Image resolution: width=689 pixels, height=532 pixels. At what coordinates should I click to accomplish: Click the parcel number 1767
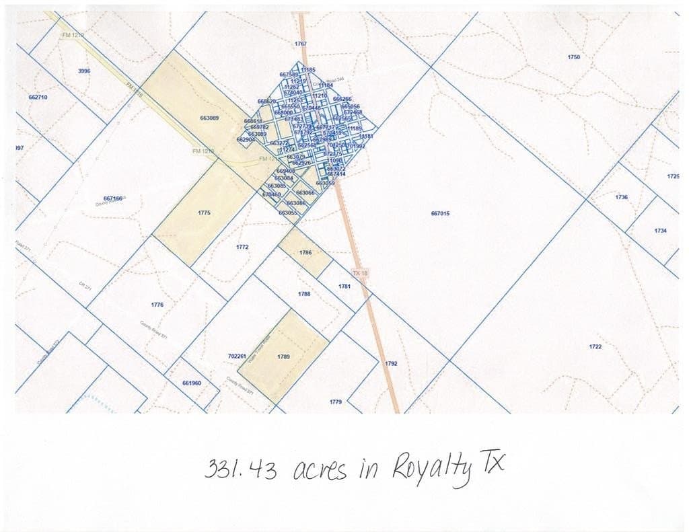point(301,44)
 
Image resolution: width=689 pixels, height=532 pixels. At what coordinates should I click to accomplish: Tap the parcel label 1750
point(573,58)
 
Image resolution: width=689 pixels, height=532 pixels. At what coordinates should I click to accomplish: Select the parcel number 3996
point(84,71)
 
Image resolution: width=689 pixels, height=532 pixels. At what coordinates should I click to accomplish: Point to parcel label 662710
point(38,98)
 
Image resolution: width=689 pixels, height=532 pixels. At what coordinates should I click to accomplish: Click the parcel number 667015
point(440,214)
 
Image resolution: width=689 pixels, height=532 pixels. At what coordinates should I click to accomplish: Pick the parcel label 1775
point(205,213)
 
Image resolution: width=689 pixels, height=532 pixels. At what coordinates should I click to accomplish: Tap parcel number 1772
point(242,248)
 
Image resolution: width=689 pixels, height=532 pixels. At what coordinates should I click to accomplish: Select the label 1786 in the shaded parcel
point(305,253)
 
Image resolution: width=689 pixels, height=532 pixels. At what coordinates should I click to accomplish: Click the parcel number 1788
point(303,295)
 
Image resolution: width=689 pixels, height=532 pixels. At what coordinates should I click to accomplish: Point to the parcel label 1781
point(344,287)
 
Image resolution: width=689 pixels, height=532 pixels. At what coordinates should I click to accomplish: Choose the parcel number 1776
point(157,305)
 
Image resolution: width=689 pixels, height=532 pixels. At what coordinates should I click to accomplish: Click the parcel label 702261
point(237,356)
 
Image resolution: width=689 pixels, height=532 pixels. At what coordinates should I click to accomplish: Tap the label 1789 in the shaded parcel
point(283,356)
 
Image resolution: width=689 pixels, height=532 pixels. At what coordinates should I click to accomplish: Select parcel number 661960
point(192,383)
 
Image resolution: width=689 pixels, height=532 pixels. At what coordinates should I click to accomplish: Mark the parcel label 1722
point(595,347)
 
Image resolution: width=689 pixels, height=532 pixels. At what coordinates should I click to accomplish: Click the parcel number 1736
point(621,197)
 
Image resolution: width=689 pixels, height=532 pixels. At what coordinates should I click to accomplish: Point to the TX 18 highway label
point(360,274)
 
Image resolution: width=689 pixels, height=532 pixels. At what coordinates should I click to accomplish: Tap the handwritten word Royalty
point(431,469)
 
